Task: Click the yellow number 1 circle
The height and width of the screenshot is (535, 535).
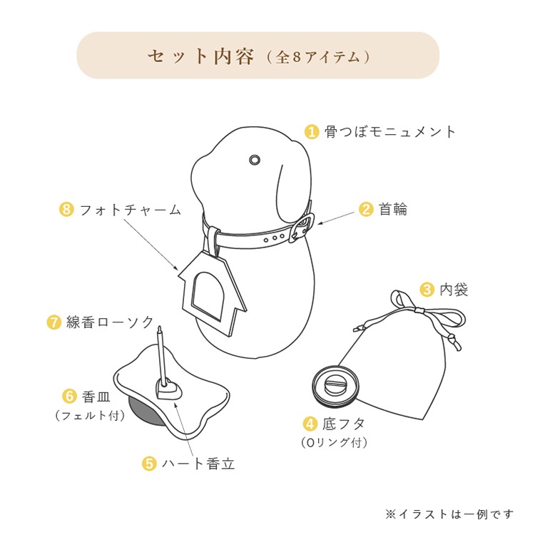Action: click(x=312, y=132)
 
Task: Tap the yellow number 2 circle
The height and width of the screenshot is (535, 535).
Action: click(x=366, y=209)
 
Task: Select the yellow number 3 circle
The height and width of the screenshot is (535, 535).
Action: click(x=427, y=290)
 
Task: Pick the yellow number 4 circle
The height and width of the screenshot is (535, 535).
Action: click(x=310, y=424)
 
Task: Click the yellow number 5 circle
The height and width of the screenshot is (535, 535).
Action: click(x=149, y=464)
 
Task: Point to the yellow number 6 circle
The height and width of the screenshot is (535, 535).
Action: click(x=69, y=395)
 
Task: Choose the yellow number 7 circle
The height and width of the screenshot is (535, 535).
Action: click(x=53, y=322)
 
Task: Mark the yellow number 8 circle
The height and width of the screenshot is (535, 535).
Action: click(x=66, y=210)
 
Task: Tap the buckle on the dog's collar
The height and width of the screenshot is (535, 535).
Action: click(x=302, y=228)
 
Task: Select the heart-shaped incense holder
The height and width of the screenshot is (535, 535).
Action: click(x=168, y=389)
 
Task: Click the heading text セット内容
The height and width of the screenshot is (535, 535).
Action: click(x=200, y=56)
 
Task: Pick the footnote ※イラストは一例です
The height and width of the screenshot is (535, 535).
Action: click(x=449, y=514)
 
